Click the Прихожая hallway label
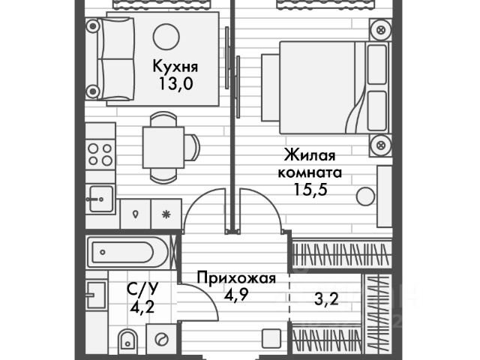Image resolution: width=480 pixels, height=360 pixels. coord(236,278)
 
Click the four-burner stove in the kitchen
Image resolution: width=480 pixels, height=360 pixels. coord(100,153)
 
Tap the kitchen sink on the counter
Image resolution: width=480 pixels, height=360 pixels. coord(100,199)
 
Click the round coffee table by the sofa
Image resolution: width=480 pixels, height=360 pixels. coord(166,37)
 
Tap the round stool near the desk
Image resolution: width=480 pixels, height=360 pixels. coord(365,196)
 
